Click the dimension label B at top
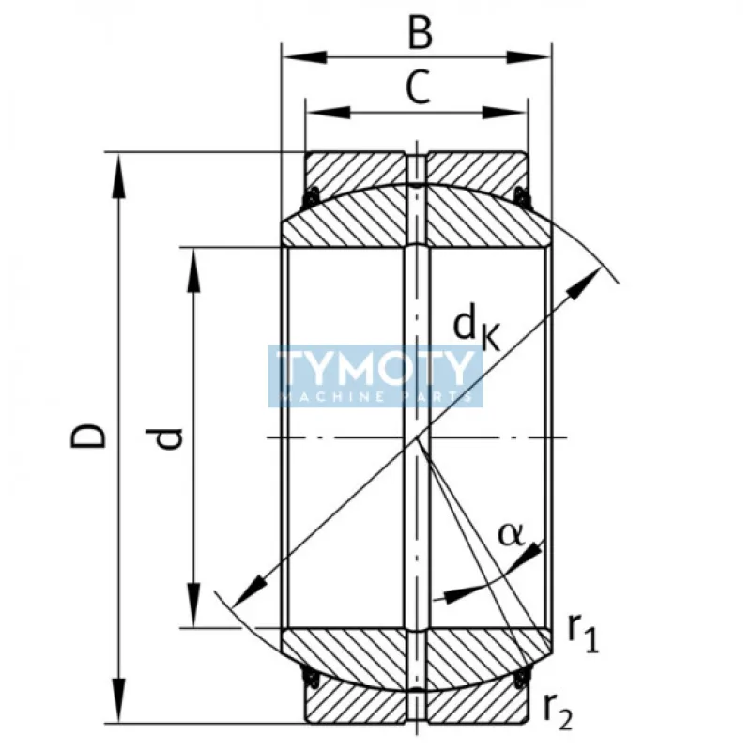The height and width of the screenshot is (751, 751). [x=420, y=33]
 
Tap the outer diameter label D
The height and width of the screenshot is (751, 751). [x=90, y=436]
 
